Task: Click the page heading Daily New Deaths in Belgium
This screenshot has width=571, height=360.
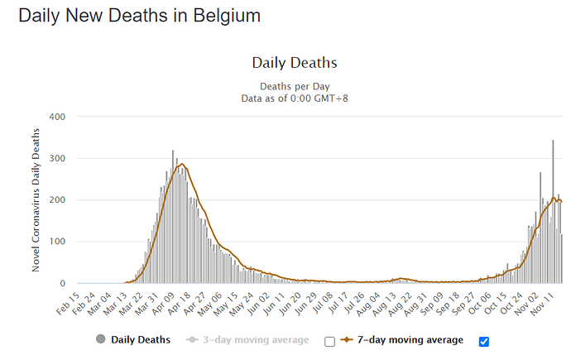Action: pos(139,15)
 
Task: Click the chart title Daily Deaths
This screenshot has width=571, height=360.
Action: pos(294,62)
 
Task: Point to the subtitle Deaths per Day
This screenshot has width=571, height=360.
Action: pos(294,86)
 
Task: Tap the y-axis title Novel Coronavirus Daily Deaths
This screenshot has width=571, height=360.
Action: pos(36,200)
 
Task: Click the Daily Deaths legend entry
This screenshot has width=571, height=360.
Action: pos(140,339)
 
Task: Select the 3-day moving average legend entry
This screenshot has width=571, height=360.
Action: pos(251,339)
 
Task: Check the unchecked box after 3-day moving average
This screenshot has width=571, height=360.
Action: pos(329,341)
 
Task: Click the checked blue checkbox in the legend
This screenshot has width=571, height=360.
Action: pos(484,341)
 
